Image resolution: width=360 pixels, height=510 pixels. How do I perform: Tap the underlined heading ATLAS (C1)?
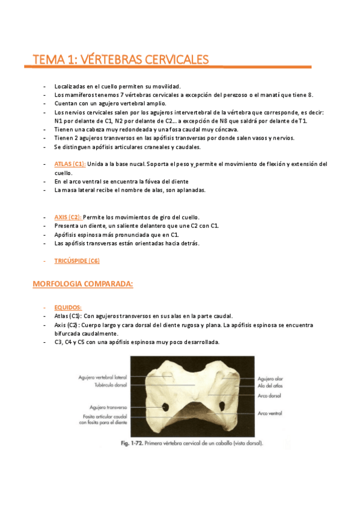(70, 164)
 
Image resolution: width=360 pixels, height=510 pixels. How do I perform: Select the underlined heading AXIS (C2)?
(67, 217)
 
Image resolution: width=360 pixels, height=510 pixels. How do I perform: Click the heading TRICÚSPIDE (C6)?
(77, 260)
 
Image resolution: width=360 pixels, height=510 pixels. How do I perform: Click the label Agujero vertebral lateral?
(102, 377)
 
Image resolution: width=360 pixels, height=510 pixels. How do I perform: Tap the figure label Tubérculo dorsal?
(110, 385)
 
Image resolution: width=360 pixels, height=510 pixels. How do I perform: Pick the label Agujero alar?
(269, 379)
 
